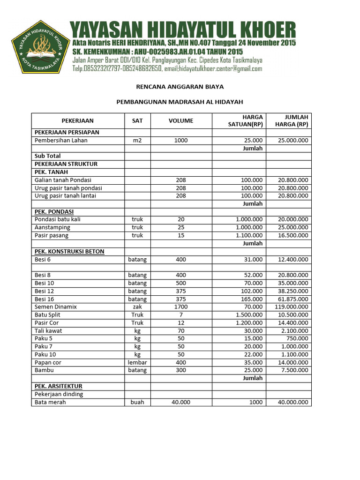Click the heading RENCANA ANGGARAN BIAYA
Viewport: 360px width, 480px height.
pos(180,87)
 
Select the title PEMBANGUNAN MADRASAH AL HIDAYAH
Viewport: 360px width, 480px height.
pos(180,102)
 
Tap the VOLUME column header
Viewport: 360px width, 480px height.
pos(181,121)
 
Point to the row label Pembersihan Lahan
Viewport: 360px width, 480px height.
pos(61,140)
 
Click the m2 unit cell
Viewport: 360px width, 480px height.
pos(137,140)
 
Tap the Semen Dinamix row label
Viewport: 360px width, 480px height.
pos(56,307)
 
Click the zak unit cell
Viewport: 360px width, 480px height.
pos(137,307)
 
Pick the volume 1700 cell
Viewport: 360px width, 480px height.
pos(181,307)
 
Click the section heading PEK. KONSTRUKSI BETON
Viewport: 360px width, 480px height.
pos(69,251)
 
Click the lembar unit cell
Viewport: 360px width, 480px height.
pos(137,363)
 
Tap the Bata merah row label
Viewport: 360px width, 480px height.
pos(50,403)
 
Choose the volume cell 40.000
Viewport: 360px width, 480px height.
pos(181,403)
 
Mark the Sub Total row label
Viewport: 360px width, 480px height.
pos(48,156)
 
